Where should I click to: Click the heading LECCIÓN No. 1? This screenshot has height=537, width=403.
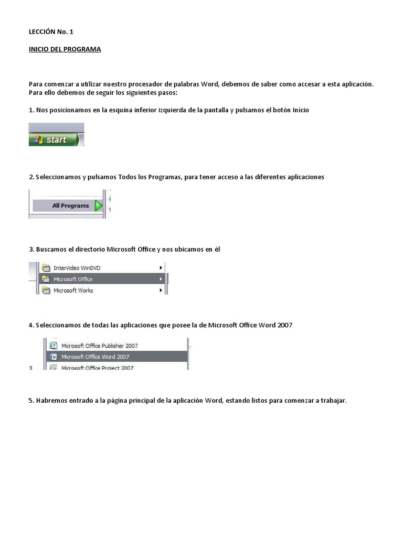51,32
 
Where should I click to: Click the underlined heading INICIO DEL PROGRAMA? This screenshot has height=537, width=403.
65,49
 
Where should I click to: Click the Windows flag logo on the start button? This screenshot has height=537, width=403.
38,139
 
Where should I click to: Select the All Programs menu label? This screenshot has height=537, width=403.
70,206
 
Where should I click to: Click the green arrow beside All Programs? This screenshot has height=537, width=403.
98,206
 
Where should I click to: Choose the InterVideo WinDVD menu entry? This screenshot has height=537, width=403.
77,268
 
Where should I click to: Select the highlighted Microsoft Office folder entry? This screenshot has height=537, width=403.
73,279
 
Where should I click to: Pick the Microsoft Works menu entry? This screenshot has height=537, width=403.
73,290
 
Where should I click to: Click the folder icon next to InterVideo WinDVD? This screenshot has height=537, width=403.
46,268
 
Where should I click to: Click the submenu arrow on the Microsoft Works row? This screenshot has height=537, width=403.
161,290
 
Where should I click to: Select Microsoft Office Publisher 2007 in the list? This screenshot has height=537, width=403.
99,346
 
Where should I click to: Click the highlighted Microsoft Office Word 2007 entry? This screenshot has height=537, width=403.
95,357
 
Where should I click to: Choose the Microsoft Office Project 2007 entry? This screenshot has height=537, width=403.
97,368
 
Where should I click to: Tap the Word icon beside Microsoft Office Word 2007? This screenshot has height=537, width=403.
53,357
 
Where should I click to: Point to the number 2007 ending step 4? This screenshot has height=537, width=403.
285,325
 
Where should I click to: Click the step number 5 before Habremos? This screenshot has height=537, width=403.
30,401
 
